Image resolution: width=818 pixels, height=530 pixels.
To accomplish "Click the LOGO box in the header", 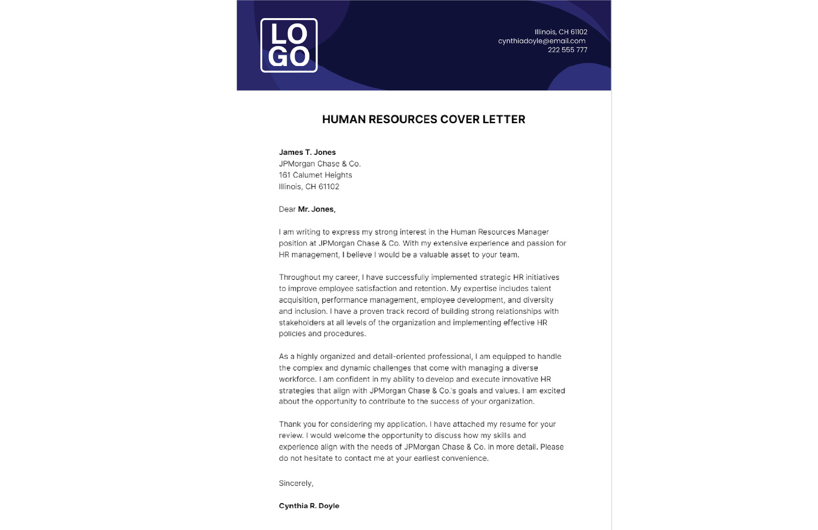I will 289,46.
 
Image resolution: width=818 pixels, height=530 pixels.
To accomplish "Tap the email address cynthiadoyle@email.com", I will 541,41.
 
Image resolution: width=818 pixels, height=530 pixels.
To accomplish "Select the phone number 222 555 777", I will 567,50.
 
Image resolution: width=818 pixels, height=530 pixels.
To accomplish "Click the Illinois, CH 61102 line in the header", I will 561,32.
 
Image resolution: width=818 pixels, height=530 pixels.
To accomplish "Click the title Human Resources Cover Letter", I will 423,119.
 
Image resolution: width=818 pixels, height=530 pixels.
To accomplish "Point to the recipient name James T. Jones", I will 307,152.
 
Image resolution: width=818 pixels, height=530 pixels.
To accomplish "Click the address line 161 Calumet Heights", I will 315,175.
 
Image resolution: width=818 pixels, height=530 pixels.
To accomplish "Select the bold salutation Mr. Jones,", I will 317,209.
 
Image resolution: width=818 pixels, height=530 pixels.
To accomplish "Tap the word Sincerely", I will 296,484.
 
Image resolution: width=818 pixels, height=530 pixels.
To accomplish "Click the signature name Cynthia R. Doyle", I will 309,506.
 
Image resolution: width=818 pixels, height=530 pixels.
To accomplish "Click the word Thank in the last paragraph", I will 289,424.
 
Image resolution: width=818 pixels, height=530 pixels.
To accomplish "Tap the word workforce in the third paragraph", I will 297,379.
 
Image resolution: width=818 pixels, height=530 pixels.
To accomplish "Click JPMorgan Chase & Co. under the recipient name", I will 320,164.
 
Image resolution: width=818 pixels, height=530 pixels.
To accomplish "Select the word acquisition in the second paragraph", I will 297,300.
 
